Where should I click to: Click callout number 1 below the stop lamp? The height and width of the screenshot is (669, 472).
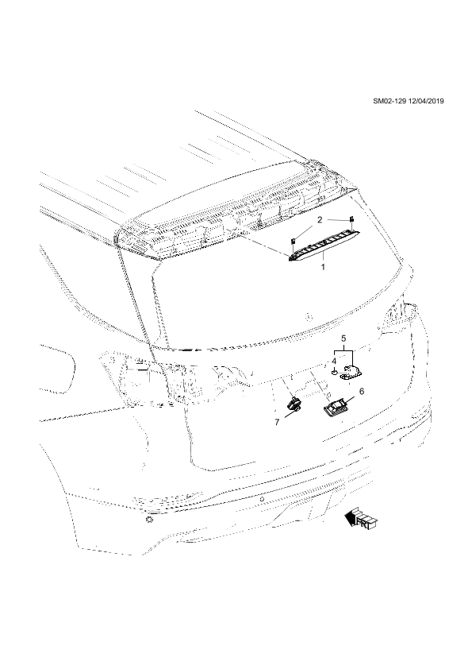tap(323, 267)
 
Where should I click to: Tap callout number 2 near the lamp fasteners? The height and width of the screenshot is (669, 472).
tap(320, 221)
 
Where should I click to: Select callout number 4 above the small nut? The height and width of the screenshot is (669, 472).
tap(335, 361)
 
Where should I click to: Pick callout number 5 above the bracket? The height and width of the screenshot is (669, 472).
tap(343, 338)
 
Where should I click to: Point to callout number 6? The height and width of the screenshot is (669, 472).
tap(362, 391)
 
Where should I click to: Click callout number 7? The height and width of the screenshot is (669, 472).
tap(277, 422)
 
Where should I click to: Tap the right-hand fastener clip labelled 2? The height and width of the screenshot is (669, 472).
tap(352, 220)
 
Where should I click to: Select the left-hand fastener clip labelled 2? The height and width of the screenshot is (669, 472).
tap(294, 242)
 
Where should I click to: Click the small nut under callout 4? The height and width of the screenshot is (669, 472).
tap(335, 372)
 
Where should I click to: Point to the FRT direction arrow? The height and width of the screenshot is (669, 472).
tap(361, 519)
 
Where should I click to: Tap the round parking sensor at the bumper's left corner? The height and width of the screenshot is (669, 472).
tap(149, 520)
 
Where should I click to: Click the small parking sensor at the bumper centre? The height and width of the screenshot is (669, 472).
tap(262, 498)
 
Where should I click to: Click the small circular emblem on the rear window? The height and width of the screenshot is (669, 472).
tap(309, 316)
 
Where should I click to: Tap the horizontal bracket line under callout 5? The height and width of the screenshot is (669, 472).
tap(343, 350)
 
